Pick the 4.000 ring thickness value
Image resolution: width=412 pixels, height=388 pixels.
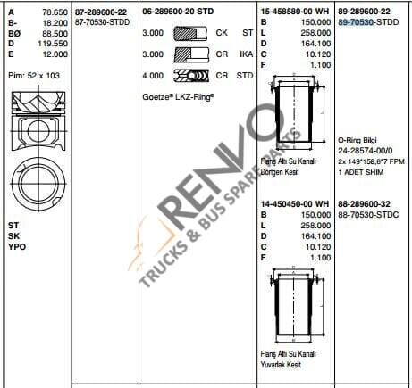(153, 75)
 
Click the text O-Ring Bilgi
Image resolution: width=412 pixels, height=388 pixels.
(359, 140)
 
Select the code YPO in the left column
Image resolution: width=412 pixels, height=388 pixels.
(15, 245)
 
